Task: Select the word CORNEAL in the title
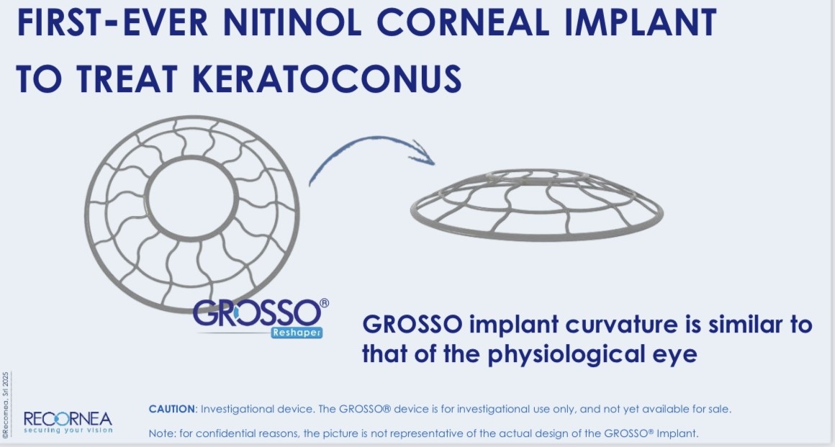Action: coord(463,22)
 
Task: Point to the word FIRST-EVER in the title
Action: coord(112,22)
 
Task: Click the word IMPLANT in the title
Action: coord(640,22)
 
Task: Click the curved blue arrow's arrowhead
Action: coord(423,153)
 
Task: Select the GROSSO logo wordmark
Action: coord(256,312)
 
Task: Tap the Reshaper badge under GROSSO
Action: coord(297,333)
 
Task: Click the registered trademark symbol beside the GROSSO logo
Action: coord(325,303)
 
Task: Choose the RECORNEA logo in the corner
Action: coord(68,420)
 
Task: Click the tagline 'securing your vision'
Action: coord(68,430)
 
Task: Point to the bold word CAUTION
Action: coord(171,409)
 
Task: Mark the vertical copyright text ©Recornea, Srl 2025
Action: coord(6,405)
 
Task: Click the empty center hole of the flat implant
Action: coord(191,198)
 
